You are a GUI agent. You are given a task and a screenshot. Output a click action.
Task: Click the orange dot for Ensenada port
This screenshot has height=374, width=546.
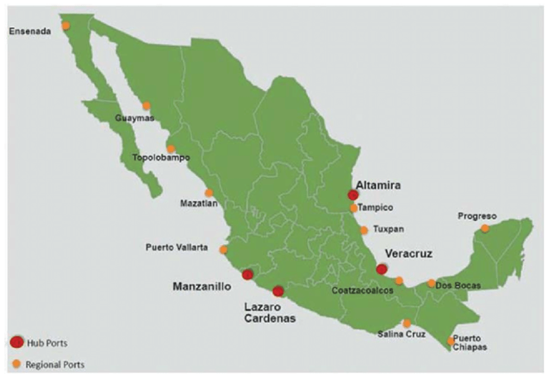(66, 25)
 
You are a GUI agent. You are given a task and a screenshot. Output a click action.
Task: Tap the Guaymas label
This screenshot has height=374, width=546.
(135, 117)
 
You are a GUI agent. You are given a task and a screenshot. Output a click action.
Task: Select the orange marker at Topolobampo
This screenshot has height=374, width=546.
(171, 149)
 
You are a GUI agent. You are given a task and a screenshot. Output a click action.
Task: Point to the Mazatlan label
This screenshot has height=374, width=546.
(199, 203)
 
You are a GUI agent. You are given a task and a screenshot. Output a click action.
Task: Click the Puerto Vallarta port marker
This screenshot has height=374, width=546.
(223, 250)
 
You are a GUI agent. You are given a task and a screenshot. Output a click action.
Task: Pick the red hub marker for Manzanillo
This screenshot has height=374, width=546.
(247, 274)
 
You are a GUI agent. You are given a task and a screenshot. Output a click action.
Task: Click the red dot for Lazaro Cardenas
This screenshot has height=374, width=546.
(278, 291)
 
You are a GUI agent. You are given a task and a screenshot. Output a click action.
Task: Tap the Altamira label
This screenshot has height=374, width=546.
(378, 185)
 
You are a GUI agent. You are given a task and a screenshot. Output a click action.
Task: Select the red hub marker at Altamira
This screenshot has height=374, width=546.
(353, 195)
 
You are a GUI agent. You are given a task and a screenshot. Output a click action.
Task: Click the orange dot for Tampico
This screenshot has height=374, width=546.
(354, 208)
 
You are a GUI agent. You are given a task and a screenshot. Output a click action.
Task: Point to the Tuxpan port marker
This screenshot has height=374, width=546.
(364, 230)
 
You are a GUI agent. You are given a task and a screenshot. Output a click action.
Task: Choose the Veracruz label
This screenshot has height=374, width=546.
(409, 254)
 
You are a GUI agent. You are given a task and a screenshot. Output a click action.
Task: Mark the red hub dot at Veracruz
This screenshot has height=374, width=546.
(382, 269)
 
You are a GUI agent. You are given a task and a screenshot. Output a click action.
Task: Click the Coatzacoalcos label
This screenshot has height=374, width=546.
(362, 291)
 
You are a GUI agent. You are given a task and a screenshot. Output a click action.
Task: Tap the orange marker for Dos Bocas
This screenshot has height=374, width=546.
(431, 283)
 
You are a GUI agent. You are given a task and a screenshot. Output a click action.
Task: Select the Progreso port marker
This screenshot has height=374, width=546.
(485, 228)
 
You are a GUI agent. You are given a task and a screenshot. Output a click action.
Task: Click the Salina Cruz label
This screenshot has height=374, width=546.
(401, 334)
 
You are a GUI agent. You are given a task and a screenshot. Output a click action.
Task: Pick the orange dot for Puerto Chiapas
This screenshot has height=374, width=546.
(451, 341)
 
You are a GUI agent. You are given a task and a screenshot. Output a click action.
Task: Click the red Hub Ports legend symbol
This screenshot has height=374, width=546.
(17, 342)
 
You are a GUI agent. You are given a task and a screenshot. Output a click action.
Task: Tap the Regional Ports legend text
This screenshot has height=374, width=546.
(55, 363)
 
